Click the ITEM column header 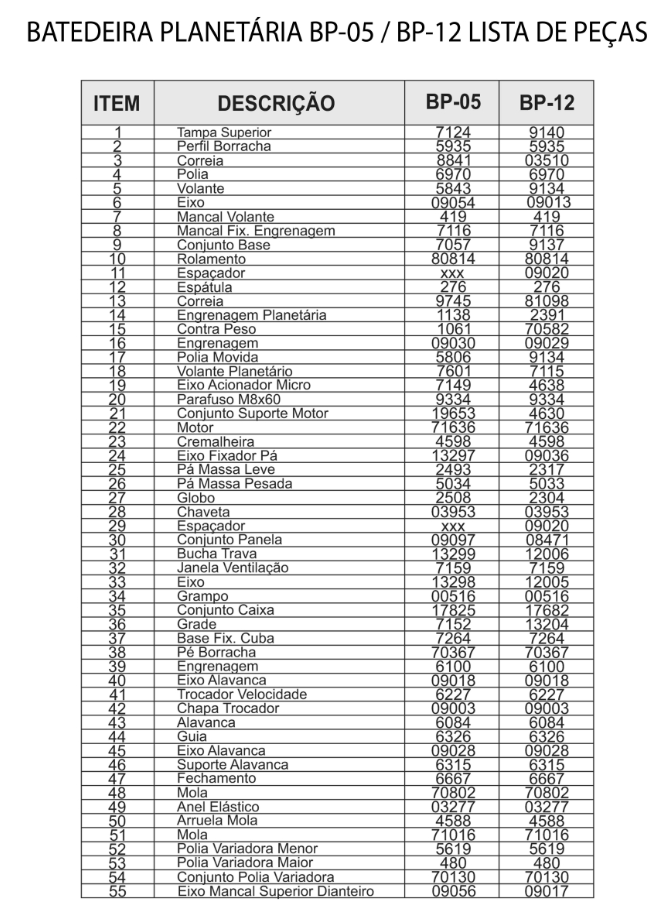tap(116, 103)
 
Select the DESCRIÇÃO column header tap(276, 103)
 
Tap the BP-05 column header tap(453, 102)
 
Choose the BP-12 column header tap(546, 103)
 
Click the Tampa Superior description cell tap(224, 132)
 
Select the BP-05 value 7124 tap(453, 132)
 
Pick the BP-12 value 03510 tap(546, 160)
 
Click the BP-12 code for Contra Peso tap(546, 329)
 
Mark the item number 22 tap(117, 427)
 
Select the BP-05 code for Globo tap(453, 497)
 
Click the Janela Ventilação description tap(232, 567)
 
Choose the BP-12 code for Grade tap(546, 624)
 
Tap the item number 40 tap(117, 680)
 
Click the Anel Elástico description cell tap(218, 806)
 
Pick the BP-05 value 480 tap(453, 863)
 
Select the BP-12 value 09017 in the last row tap(546, 891)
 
